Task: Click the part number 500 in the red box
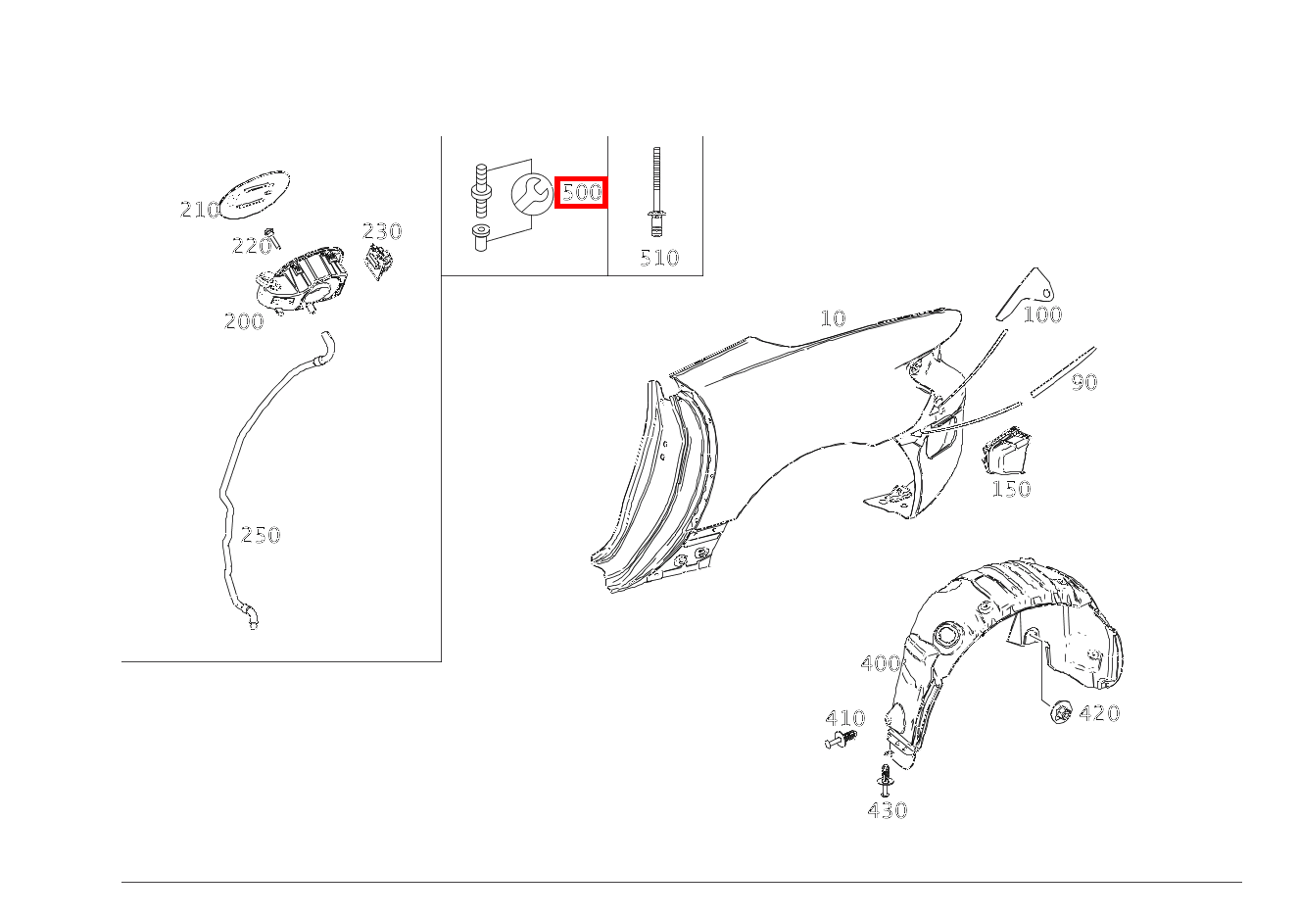582,192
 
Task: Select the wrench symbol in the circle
532,194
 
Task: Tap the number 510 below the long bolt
659,258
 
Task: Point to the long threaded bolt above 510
656,192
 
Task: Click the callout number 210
200,210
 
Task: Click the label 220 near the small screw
251,246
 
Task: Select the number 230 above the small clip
382,231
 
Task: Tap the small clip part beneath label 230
379,263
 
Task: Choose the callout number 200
244,321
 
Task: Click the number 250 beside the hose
261,535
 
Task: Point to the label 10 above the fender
833,317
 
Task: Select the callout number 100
1042,314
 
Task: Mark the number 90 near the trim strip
1083,382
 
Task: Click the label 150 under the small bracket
1011,488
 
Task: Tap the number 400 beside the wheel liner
881,663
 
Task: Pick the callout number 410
844,718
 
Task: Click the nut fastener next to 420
1061,711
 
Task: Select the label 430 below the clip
888,810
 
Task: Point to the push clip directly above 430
885,781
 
